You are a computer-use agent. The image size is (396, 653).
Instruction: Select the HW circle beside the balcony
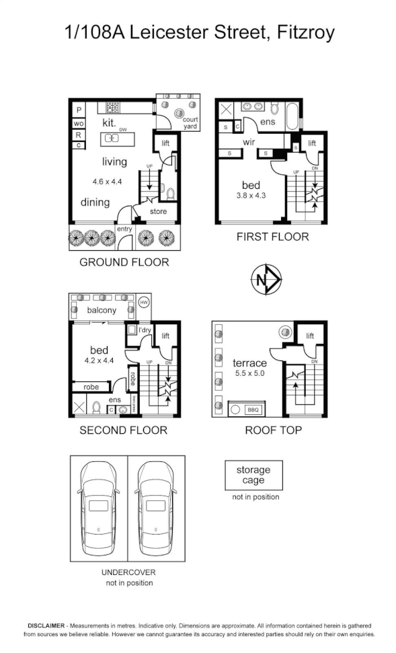coord(143,303)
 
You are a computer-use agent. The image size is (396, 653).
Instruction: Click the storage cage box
coord(253,475)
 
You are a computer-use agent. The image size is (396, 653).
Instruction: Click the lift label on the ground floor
coord(166,143)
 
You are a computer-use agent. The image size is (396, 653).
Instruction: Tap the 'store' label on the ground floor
coord(158,212)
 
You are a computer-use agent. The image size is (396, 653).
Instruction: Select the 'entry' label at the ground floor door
coord(124,229)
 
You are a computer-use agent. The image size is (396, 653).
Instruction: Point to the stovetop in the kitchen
coord(112,107)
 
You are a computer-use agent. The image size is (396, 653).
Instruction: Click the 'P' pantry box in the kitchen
coord(79,110)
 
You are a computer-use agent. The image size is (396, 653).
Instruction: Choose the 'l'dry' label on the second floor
coord(145,330)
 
